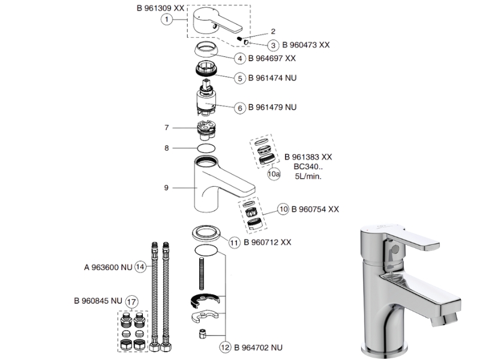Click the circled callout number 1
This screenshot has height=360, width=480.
click(167, 19)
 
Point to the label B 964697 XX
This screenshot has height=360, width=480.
click(274, 58)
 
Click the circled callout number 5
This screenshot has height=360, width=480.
click(239, 78)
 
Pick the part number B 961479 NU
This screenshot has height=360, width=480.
click(274, 107)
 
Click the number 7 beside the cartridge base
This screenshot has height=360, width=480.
click(168, 127)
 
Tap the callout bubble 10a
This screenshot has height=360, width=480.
click(274, 174)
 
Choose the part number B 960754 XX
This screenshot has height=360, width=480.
click(315, 209)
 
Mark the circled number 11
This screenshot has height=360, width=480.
click(234, 242)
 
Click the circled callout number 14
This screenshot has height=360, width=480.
click(140, 266)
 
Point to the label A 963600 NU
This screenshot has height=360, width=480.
click(108, 266)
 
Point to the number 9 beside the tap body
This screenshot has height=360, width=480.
click(166, 187)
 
